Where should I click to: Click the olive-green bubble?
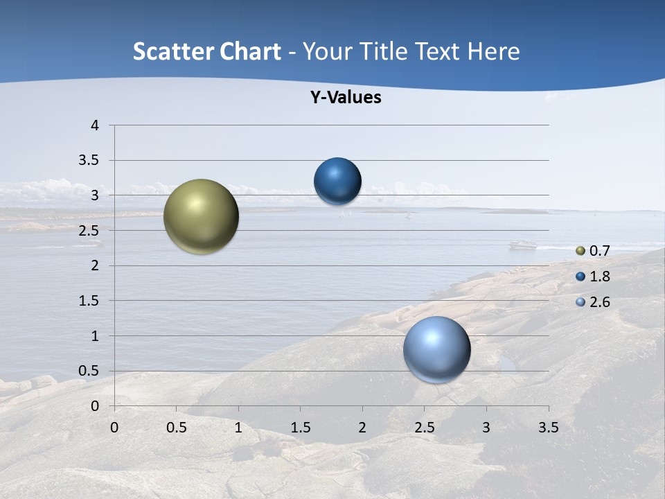(202, 216)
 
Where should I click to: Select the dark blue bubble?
(337, 182)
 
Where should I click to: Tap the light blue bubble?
(436, 349)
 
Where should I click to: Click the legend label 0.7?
(599, 251)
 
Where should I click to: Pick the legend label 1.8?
(599, 277)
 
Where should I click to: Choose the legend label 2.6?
(599, 302)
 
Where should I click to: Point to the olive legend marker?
(580, 251)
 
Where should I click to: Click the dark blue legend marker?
(580, 277)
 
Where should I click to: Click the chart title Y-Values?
(346, 98)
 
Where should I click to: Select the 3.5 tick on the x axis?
(548, 428)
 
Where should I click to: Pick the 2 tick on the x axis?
(362, 428)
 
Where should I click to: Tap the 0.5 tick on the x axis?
(176, 428)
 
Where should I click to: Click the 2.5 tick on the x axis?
(424, 428)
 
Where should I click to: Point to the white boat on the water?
(523, 244)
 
